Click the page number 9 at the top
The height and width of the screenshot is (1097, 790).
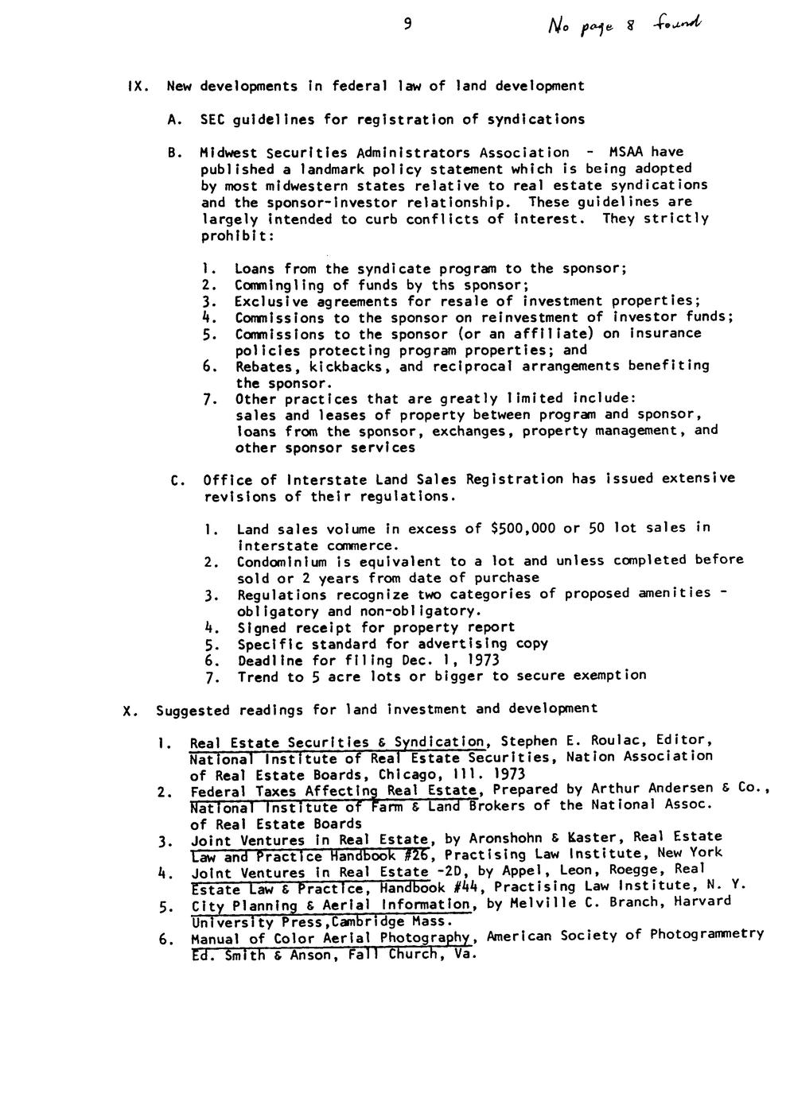click(407, 25)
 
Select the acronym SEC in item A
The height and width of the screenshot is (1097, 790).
click(212, 119)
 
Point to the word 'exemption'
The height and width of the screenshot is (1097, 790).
click(606, 676)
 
